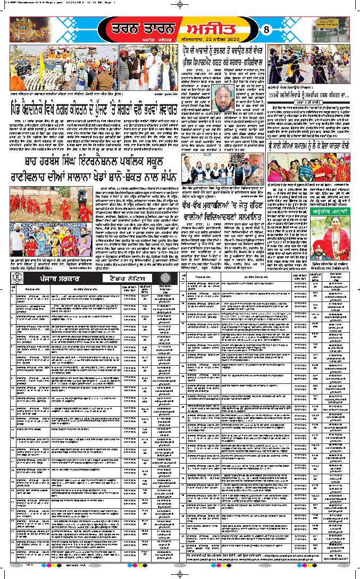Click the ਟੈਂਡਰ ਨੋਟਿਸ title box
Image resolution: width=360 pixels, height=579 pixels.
127,278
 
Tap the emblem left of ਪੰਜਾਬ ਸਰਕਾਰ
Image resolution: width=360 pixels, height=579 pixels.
19,278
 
